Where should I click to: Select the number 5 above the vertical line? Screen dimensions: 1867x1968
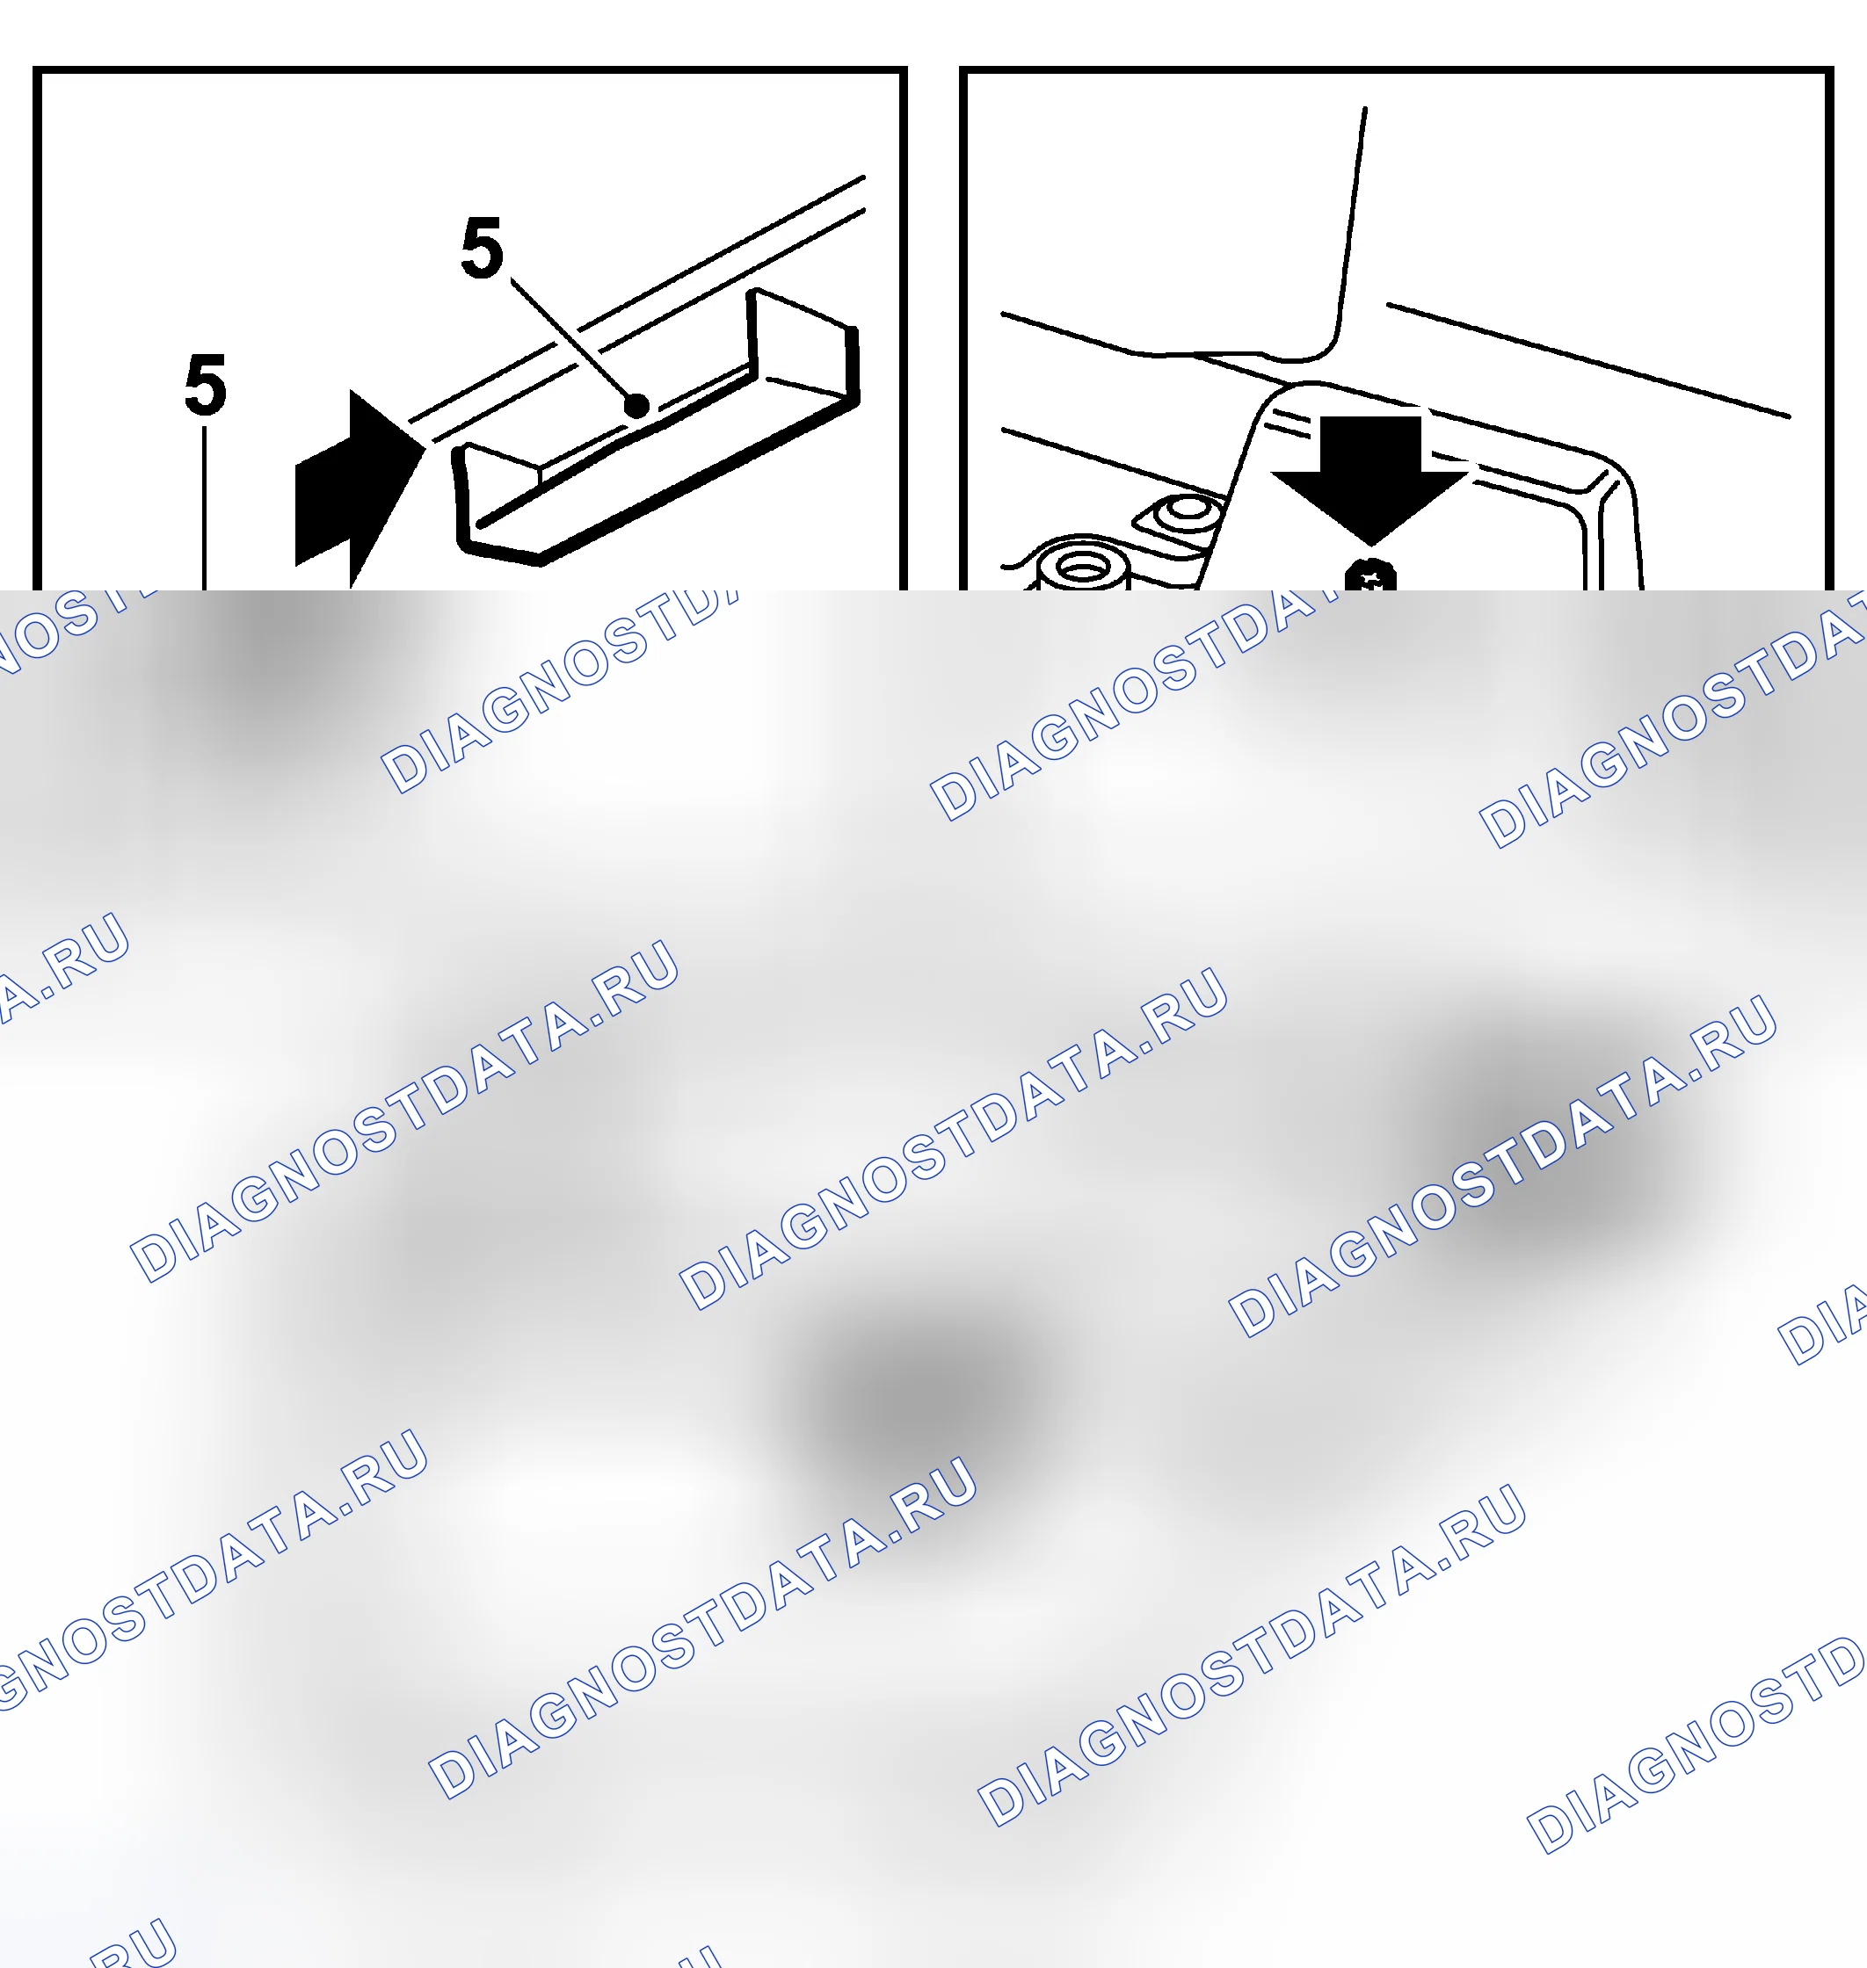(206, 385)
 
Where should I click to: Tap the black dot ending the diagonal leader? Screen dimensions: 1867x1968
(637, 406)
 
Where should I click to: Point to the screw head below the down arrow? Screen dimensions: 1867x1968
(1371, 576)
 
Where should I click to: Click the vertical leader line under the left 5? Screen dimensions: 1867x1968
(205, 508)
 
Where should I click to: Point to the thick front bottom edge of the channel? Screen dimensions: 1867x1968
(657, 482)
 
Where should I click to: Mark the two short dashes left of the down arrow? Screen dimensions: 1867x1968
(1294, 429)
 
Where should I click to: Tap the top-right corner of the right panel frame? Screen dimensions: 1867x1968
(1830, 69)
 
